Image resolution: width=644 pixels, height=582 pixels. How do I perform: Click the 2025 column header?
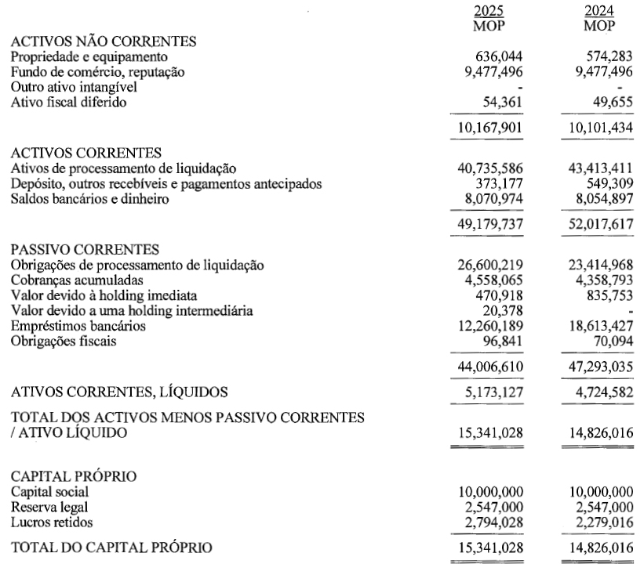(489, 11)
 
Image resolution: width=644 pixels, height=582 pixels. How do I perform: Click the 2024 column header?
(599, 11)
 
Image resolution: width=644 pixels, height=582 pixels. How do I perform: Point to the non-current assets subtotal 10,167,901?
(491, 128)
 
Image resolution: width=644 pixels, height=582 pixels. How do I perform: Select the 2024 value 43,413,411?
(600, 168)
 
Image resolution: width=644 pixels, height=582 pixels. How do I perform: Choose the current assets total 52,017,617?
(600, 225)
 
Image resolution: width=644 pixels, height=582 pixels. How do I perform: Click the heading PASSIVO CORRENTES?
(85, 250)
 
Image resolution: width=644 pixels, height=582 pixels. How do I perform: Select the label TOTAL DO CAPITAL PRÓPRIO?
(111, 547)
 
